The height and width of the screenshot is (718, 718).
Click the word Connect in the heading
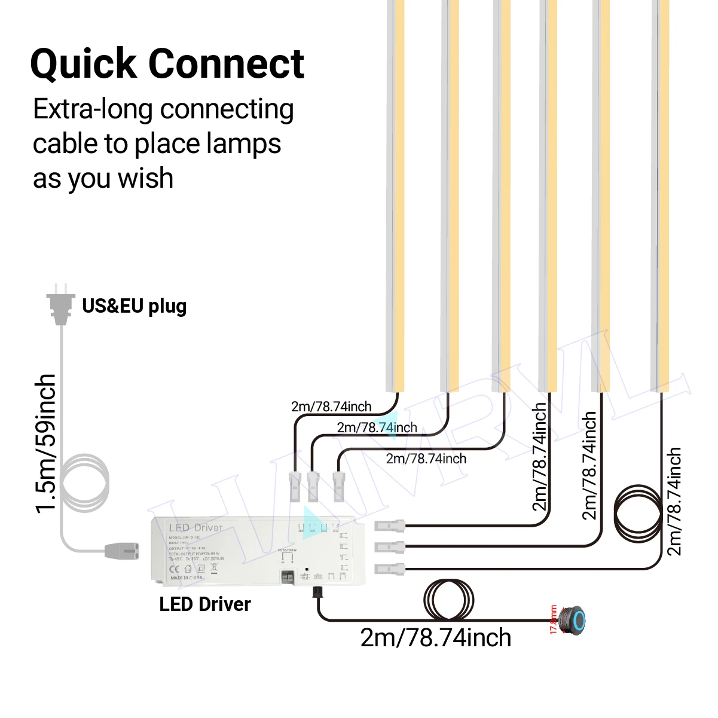(226, 64)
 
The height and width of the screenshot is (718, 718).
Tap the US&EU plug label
(134, 306)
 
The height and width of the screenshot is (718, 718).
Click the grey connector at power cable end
(121, 551)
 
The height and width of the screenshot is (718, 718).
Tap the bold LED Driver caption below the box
(204, 604)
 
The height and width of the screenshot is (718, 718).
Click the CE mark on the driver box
(175, 569)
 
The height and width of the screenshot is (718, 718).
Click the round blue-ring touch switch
(575, 621)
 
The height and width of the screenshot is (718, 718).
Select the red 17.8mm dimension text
(553, 620)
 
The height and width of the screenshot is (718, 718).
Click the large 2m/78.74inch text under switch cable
(435, 638)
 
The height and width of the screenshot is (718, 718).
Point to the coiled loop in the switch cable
(448, 600)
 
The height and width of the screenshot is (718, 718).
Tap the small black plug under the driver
(316, 592)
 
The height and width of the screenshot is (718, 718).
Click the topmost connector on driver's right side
(390, 526)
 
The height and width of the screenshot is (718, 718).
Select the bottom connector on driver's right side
(390, 569)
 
